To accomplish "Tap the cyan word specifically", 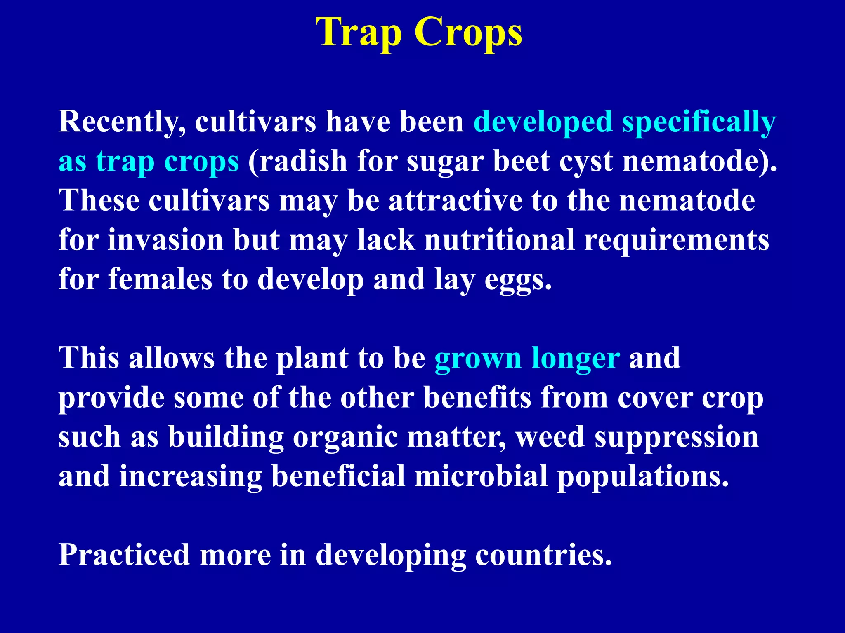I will pos(699,122).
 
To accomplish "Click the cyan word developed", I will pos(543,122).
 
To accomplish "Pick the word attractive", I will pos(456,201).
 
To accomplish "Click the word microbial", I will pos(481,476).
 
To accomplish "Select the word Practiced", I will pos(124,555).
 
